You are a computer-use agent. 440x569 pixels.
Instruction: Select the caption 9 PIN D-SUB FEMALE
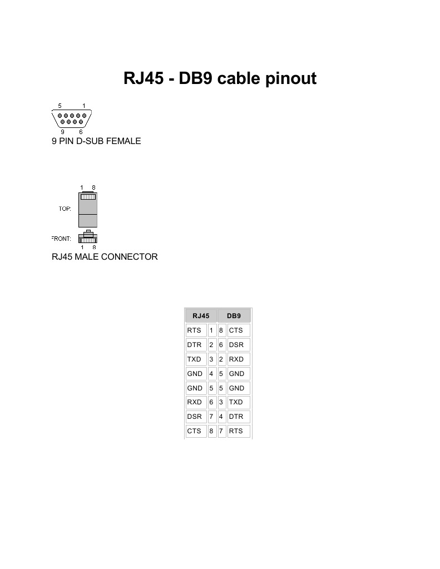(x=96, y=141)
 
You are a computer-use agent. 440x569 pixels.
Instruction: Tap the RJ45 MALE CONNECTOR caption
(x=105, y=257)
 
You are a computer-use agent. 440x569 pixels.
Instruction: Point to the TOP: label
(x=65, y=209)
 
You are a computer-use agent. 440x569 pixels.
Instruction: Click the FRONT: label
(x=61, y=239)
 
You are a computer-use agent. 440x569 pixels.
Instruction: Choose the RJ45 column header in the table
(x=201, y=316)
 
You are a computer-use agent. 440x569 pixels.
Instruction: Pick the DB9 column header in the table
(x=234, y=316)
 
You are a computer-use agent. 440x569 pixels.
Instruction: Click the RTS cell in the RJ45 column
(x=195, y=330)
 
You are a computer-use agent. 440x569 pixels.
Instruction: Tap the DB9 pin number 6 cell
(x=221, y=345)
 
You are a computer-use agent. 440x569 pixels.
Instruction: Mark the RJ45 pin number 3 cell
(x=211, y=359)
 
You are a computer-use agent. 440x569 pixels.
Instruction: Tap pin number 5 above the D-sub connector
(x=60, y=106)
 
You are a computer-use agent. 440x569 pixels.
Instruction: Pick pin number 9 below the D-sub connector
(x=62, y=132)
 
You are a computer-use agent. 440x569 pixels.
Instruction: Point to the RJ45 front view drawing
(x=88, y=238)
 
